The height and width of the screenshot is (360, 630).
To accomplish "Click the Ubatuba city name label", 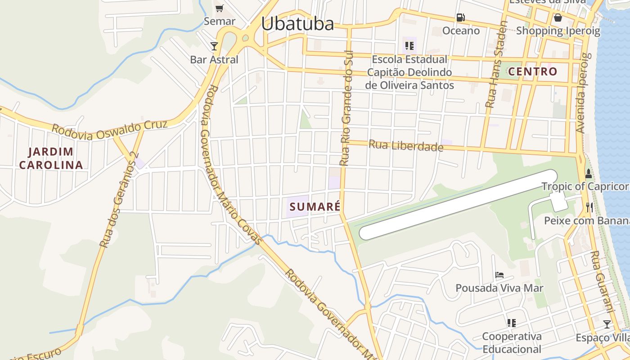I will (x=297, y=24).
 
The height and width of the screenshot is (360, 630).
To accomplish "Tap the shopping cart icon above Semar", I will (x=219, y=8).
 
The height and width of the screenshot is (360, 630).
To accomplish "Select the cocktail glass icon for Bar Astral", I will (x=214, y=46).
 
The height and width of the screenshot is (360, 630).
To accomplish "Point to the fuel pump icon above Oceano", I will (x=460, y=18).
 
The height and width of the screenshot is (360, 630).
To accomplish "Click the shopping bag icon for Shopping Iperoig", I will (x=558, y=18).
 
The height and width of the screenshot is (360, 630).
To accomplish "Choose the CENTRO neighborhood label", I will (x=533, y=72).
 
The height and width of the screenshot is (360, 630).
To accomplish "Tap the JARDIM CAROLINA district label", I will (x=51, y=158).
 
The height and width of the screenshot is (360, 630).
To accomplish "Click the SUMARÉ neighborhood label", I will (x=315, y=207).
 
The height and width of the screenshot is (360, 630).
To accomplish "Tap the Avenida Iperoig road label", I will (x=582, y=93).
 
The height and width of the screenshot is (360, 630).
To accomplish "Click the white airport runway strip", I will (x=458, y=204).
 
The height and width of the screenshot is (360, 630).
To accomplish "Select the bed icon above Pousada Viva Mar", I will (x=499, y=274).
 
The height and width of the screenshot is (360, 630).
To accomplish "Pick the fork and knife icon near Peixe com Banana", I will (x=589, y=207).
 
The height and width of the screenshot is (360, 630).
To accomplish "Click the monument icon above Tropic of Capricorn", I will (x=588, y=173).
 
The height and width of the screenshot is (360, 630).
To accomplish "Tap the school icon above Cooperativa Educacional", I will (x=511, y=323).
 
